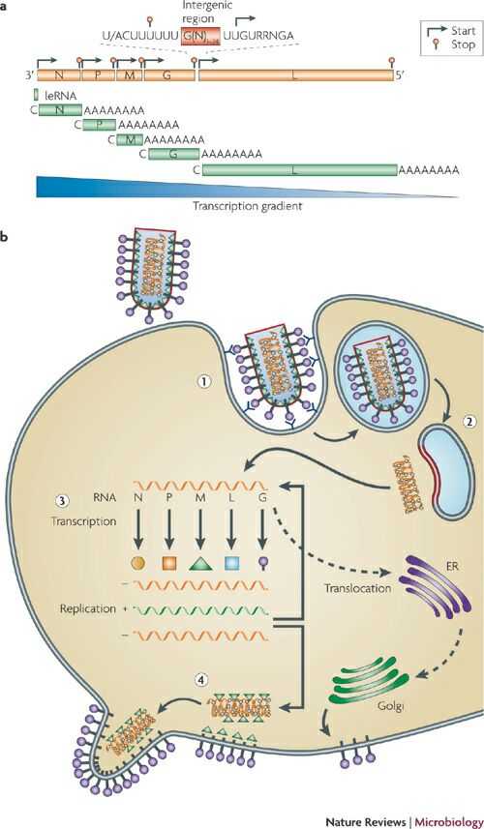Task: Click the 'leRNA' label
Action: [55, 95]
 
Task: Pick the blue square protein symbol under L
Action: [231, 561]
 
